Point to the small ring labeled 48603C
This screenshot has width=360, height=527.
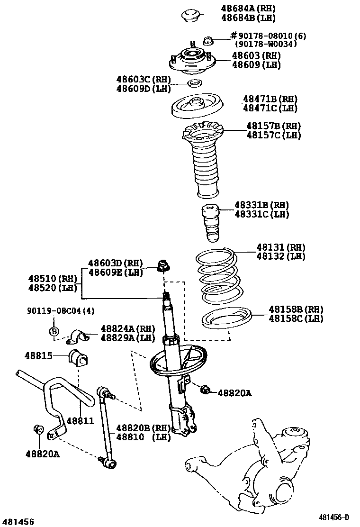coord(194,84)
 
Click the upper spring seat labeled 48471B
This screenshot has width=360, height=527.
coord(196,108)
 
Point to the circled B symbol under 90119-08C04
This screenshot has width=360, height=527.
coord(54,331)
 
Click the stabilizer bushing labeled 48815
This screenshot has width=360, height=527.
coord(79,358)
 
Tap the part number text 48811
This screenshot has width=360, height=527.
coord(80,420)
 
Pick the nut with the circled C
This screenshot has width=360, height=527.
coord(39,429)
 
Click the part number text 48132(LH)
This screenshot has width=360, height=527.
coord(280,256)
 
